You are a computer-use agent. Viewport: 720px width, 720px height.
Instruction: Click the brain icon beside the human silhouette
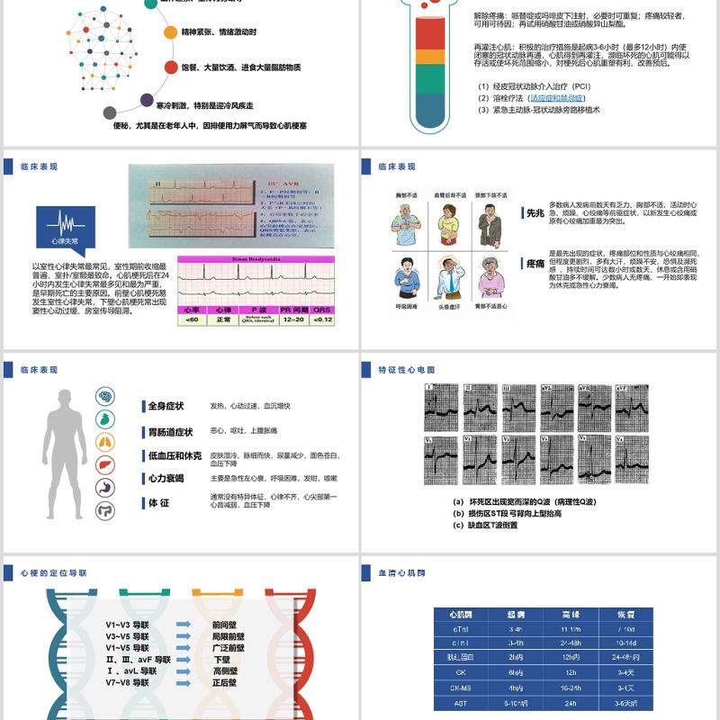pos(105,396)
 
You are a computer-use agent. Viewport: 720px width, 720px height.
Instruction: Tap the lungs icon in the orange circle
pos(105,442)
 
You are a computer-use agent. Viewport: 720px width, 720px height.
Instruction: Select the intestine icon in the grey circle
pos(105,510)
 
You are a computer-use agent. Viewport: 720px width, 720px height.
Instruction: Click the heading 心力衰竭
pos(165,478)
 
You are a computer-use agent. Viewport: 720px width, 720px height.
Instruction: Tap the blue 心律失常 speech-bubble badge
pos(64,228)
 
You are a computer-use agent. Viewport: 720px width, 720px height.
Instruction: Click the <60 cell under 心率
pos(192,319)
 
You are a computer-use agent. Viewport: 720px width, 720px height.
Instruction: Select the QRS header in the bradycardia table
pos(322,309)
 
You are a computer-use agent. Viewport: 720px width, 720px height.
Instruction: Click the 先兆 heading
pos(535,213)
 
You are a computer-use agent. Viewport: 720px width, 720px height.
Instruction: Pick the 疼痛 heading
pos(535,263)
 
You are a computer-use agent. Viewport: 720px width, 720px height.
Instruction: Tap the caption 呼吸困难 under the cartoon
pos(407,307)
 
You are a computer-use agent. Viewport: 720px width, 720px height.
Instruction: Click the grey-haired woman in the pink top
pos(491,277)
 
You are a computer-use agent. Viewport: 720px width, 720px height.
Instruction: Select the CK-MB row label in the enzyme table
pos(461,687)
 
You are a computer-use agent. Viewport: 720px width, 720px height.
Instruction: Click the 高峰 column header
pos(571,613)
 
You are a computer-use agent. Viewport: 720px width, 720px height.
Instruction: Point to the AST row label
pos(461,703)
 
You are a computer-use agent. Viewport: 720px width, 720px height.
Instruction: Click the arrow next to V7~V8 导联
pos(184,682)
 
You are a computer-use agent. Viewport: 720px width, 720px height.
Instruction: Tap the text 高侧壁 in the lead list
pos(225,670)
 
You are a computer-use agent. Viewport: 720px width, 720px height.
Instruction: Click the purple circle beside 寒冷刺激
pos(146,101)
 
